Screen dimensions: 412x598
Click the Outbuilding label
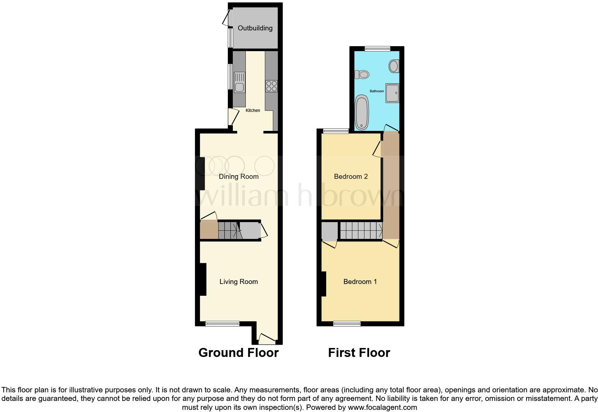click(x=255, y=28)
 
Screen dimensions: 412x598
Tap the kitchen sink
click(x=239, y=83)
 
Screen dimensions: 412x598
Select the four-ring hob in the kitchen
click(x=271, y=86)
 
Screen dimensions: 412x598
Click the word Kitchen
click(x=253, y=111)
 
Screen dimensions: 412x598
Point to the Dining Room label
click(x=239, y=176)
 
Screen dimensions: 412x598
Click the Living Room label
click(x=239, y=282)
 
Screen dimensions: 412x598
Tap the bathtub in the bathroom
click(x=362, y=111)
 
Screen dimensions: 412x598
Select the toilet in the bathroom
click(x=362, y=75)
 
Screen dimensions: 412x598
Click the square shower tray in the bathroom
click(x=392, y=93)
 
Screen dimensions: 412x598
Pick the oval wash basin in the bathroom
click(x=393, y=66)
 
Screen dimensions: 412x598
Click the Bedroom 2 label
click(x=351, y=176)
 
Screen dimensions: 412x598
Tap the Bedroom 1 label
click(x=360, y=282)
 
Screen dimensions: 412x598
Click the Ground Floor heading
click(x=238, y=353)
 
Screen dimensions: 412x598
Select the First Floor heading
click(x=359, y=353)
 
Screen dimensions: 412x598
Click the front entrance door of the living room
click(x=267, y=339)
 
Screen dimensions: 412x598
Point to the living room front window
click(x=222, y=324)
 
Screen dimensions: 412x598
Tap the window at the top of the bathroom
click(x=377, y=49)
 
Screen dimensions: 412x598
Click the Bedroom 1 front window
click(x=347, y=324)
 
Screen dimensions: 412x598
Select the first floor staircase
click(x=361, y=230)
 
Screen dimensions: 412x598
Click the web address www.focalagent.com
click(x=382, y=407)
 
